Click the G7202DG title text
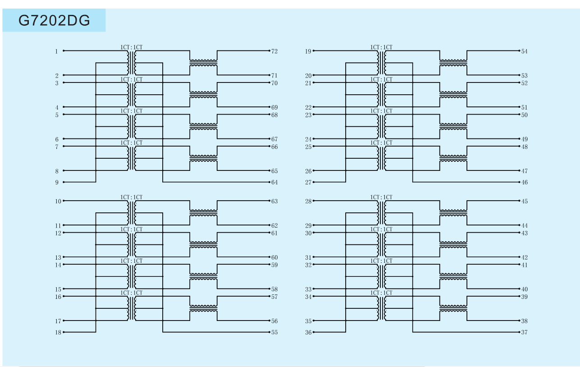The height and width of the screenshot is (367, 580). click(x=54, y=20)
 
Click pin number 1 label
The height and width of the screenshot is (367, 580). click(x=56, y=51)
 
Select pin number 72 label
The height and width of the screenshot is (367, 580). click(x=274, y=51)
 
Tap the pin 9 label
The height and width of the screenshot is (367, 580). click(x=57, y=182)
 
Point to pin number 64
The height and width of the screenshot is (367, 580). click(x=274, y=182)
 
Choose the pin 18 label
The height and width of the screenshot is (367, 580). click(x=58, y=332)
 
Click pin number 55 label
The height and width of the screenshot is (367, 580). click(x=274, y=332)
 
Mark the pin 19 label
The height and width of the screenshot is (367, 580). click(x=308, y=51)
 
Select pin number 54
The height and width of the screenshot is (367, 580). click(x=524, y=51)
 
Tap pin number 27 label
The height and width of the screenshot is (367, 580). click(x=308, y=182)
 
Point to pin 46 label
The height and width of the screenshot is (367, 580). click(x=524, y=182)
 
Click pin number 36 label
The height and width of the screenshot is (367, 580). click(x=308, y=332)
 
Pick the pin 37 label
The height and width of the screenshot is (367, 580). click(x=524, y=332)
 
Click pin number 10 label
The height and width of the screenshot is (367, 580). click(x=58, y=201)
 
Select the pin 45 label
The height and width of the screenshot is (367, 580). click(x=524, y=201)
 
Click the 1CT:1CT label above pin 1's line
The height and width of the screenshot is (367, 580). click(x=131, y=47)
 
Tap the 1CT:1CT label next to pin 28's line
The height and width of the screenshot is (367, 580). click(x=381, y=197)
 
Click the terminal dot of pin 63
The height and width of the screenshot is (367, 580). click(x=269, y=201)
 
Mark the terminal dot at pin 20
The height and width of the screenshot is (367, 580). click(x=314, y=75)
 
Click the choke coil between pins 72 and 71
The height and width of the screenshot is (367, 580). click(x=204, y=63)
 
